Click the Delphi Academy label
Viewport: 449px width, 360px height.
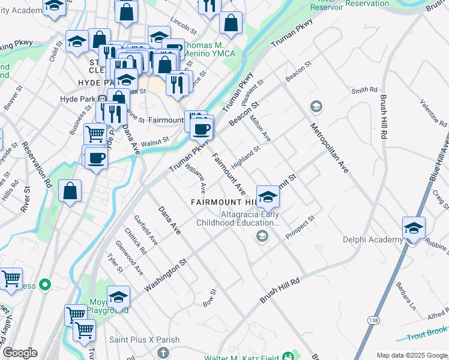(372, 239)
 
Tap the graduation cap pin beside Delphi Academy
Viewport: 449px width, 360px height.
(414, 229)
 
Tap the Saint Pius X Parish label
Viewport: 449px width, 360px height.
(144, 340)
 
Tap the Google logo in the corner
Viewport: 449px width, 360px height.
(19, 353)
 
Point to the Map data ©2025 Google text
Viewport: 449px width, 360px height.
(411, 355)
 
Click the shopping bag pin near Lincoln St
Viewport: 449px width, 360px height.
(231, 24)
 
